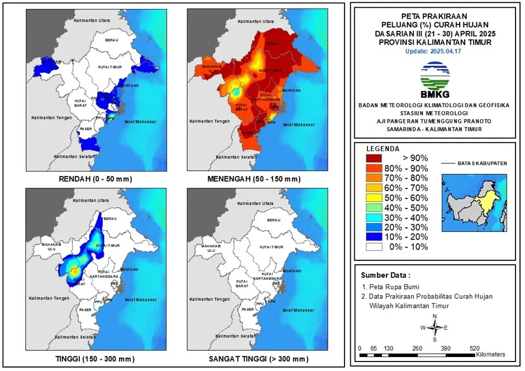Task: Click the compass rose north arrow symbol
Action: point(435,327)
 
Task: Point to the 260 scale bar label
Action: point(417,348)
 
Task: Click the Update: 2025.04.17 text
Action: point(434,51)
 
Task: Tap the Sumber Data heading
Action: point(385,275)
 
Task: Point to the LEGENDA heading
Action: point(382,149)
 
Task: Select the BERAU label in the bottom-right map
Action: point(273,221)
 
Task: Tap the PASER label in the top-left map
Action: point(85,129)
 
